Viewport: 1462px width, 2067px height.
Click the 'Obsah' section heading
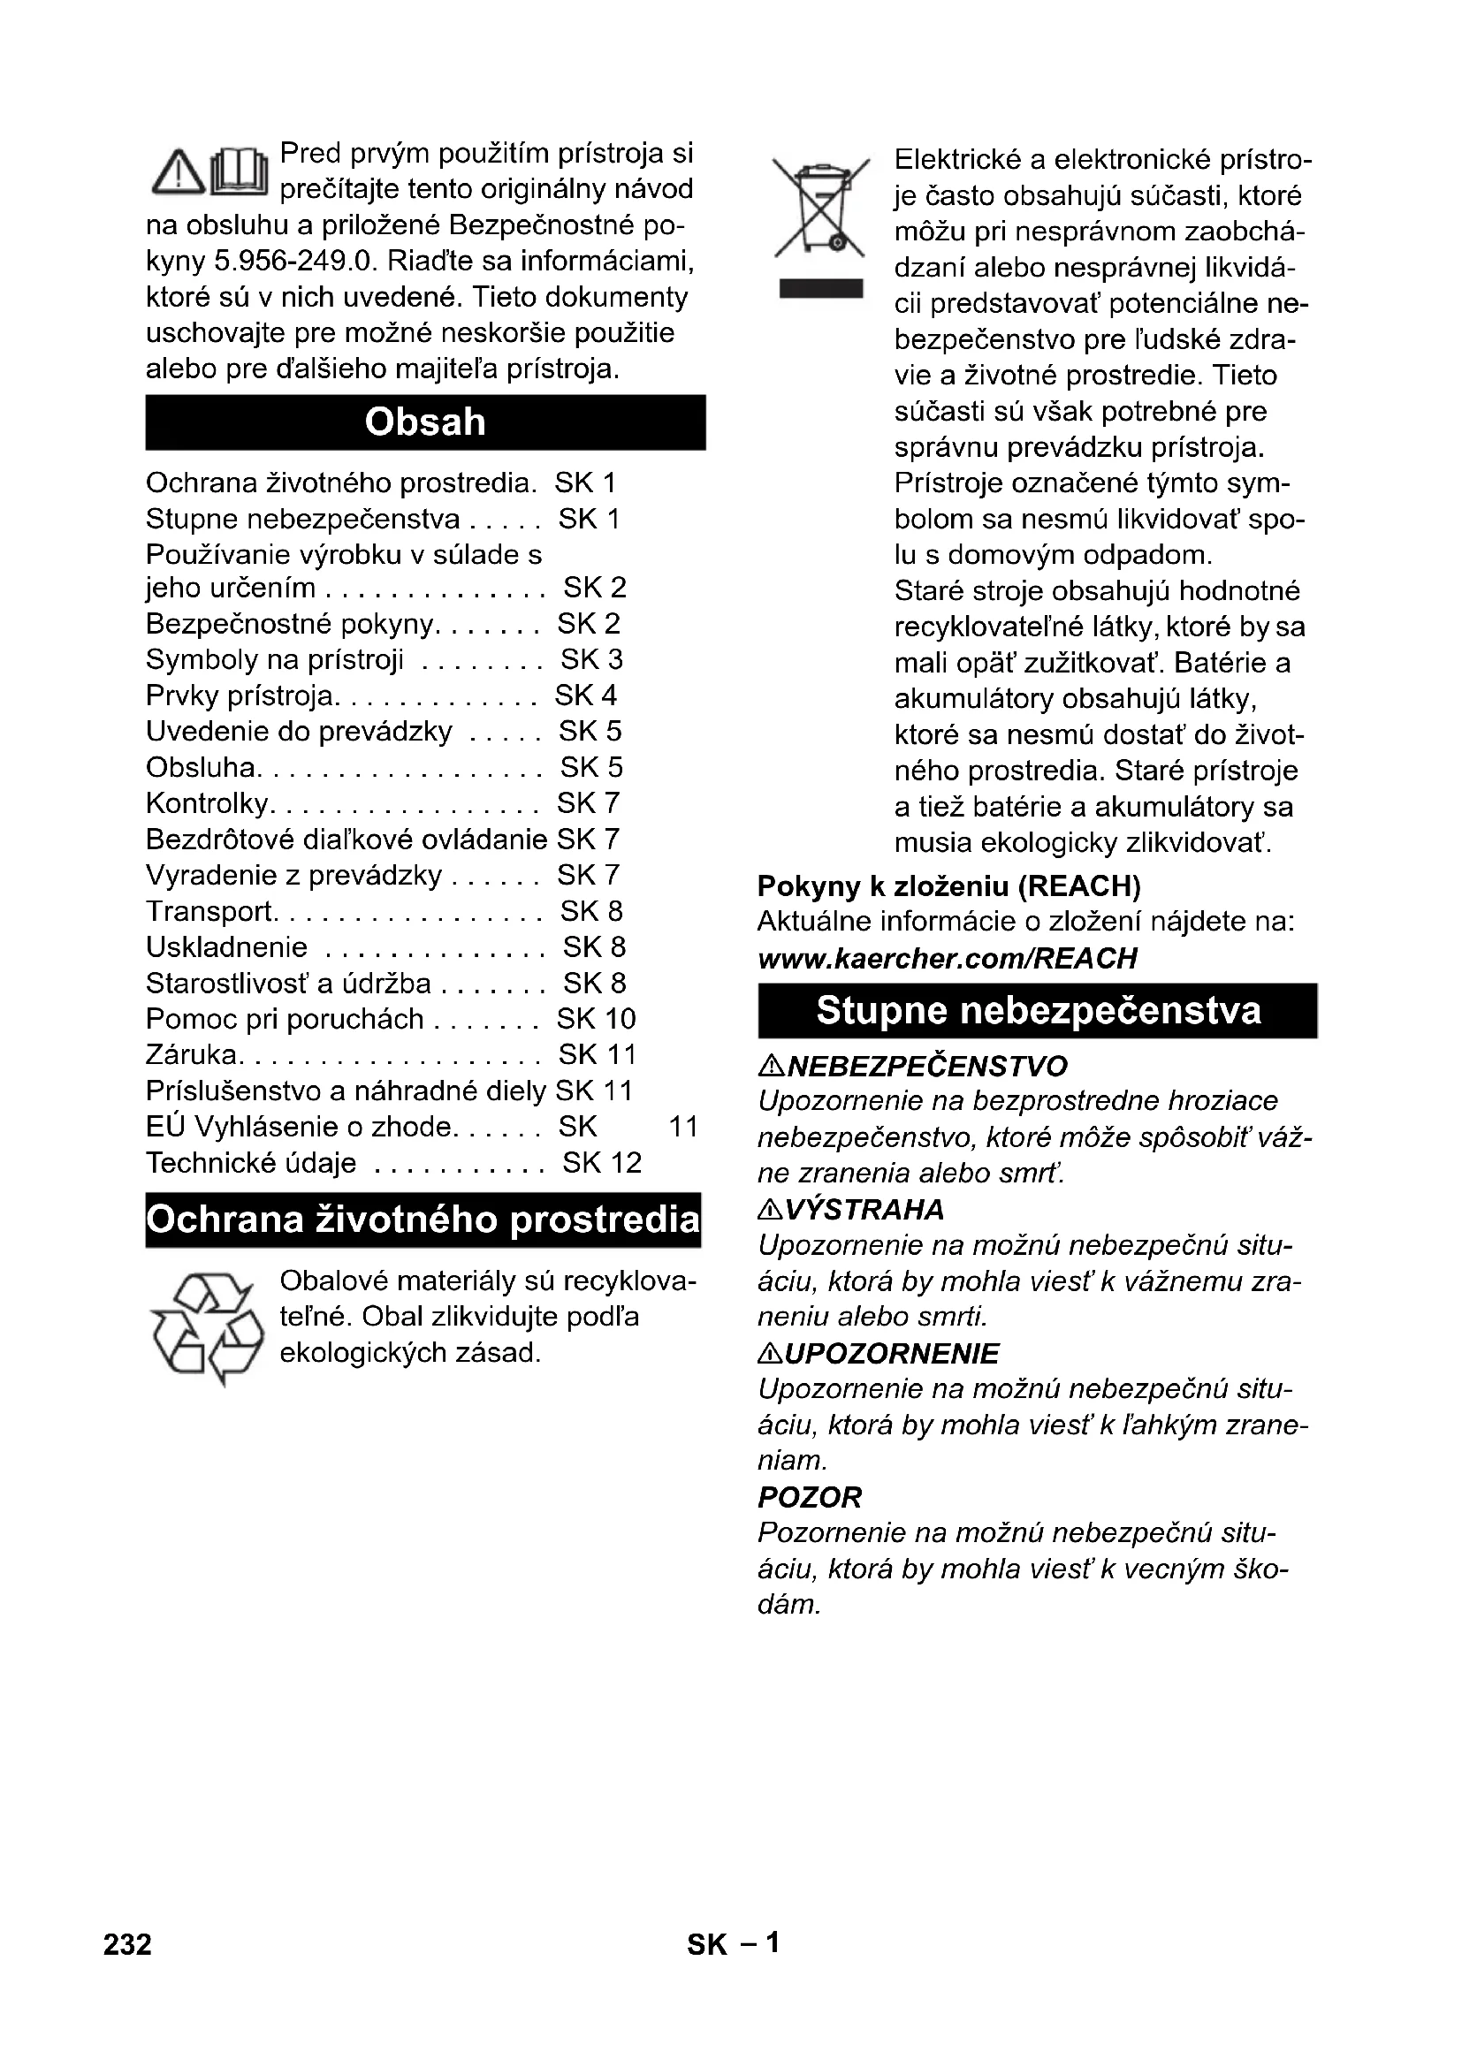click(425, 422)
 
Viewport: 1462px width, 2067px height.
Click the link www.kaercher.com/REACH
click(947, 958)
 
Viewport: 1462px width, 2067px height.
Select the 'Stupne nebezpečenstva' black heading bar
click(1037, 1011)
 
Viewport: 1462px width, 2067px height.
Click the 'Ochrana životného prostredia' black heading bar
click(423, 1220)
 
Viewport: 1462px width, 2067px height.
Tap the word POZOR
click(810, 1497)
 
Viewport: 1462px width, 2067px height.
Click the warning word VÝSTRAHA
click(864, 1210)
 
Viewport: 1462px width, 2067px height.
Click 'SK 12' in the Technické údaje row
click(601, 1163)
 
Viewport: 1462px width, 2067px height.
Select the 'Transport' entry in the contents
click(209, 911)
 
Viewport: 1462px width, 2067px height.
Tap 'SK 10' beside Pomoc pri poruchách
click(596, 1019)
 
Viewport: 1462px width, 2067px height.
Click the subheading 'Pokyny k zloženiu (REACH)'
click(948, 886)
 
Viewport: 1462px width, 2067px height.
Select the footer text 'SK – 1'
click(733, 1943)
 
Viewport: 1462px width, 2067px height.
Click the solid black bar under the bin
click(820, 288)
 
